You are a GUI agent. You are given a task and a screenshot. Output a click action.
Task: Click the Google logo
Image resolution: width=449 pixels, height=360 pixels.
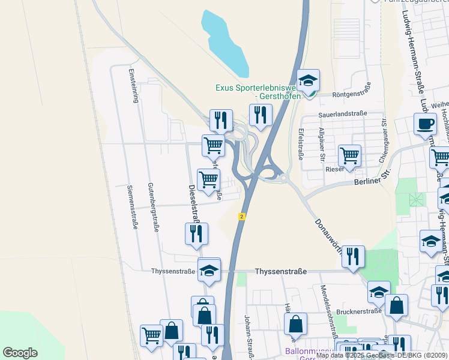tap(20, 353)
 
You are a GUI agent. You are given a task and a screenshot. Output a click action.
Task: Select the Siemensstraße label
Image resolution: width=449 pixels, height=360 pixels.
tap(132, 207)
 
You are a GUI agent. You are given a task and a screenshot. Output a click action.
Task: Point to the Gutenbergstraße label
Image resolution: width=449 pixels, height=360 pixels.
tap(154, 208)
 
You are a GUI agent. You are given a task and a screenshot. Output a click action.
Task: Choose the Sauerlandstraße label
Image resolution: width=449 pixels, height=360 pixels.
tap(342, 113)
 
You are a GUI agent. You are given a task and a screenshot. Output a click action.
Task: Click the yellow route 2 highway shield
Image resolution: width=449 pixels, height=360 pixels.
tap(241, 216)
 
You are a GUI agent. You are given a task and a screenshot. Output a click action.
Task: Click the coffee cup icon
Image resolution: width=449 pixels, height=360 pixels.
tap(425, 124)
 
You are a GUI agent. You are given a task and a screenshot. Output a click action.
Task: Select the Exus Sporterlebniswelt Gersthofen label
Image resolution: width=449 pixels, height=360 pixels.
tap(262, 92)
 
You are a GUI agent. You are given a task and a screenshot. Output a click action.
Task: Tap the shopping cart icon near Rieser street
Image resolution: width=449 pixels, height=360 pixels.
tap(349, 156)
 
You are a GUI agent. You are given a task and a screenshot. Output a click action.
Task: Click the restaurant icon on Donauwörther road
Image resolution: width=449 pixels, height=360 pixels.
tap(353, 257)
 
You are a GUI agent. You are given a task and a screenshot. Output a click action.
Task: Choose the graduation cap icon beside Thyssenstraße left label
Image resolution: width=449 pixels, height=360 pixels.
tap(209, 270)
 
